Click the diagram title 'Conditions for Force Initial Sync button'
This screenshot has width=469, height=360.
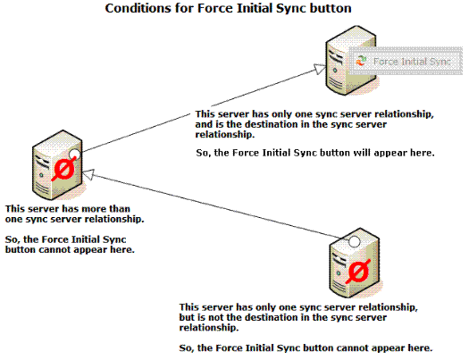tap(228, 8)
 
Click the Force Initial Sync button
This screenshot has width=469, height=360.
tap(406, 61)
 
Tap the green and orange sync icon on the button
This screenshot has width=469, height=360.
tap(361, 61)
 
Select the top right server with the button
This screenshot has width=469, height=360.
tap(350, 61)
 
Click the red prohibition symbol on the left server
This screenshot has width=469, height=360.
tap(64, 169)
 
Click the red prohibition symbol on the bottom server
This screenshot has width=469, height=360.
tap(358, 272)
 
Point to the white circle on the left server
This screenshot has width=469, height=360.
tap(74, 154)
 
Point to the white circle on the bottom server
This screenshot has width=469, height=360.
tap(354, 241)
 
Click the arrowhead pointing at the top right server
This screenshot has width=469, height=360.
tap(320, 69)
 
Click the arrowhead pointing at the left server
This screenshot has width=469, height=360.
tap(88, 174)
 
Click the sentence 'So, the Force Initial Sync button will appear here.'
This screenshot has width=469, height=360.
tap(315, 153)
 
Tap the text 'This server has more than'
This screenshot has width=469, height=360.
tap(68, 209)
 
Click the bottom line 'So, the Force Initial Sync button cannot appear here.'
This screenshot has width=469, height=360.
tap(306, 348)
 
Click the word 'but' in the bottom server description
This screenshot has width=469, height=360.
tap(187, 317)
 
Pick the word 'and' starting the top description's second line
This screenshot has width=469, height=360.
tap(203, 124)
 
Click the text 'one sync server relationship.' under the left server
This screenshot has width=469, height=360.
tap(74, 219)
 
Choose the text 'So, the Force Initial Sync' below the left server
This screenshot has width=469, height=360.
tap(65, 239)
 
